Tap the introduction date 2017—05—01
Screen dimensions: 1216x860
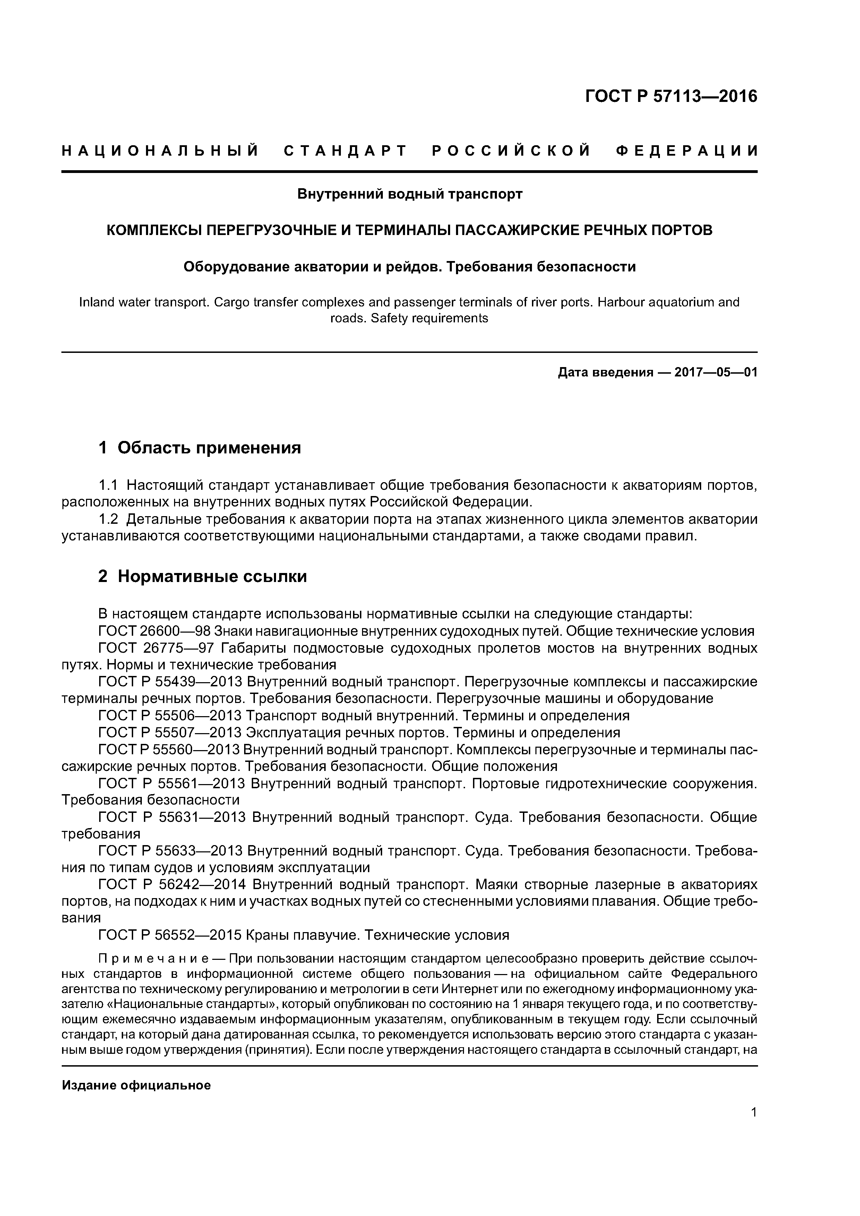(x=715, y=372)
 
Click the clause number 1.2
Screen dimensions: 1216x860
(x=110, y=520)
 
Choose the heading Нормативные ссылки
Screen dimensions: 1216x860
(x=212, y=576)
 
